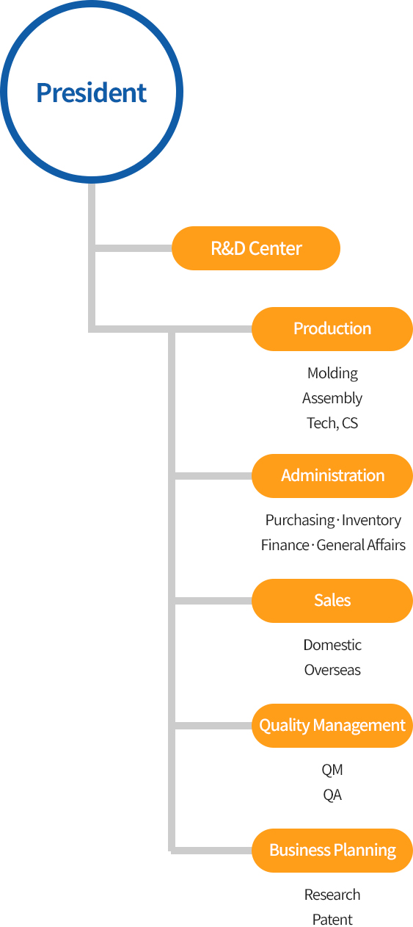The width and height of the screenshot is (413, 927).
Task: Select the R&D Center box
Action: coord(256,248)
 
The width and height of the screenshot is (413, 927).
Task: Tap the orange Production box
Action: coord(332,329)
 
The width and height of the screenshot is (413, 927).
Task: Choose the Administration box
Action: coord(332,476)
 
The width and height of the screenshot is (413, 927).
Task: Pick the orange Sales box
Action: coord(332,601)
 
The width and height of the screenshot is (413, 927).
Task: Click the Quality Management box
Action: coord(332,726)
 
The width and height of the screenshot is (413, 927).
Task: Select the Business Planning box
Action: coord(332,851)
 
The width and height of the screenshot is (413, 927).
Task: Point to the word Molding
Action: coord(332,374)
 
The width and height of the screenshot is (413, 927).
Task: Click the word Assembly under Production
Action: coord(332,399)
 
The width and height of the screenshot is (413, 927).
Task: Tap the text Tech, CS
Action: coord(332,423)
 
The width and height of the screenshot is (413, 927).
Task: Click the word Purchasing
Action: coord(300,521)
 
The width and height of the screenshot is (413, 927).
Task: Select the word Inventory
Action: coord(371,520)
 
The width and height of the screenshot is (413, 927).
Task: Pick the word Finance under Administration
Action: coord(285,545)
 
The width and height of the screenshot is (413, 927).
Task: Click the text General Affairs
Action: coord(361,545)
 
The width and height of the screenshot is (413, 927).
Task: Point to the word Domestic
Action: coord(332,645)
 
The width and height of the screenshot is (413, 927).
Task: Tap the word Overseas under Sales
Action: coord(332,670)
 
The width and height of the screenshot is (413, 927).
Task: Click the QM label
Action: coord(332,770)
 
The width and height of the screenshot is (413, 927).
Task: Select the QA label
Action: coord(332,795)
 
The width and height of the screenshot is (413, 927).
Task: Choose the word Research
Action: coord(332,895)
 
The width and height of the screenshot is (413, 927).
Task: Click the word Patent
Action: coord(332,920)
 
